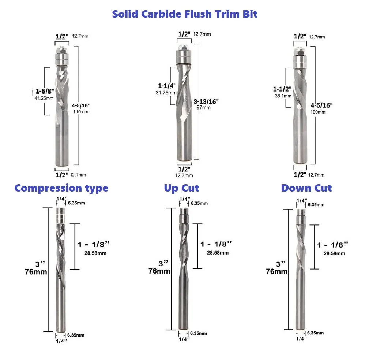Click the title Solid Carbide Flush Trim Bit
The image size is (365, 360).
[185, 14]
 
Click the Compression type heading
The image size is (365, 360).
[61, 188]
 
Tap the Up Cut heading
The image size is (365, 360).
[181, 188]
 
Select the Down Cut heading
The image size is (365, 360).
[306, 188]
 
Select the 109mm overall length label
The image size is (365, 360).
[317, 112]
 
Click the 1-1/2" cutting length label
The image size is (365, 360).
[282, 89]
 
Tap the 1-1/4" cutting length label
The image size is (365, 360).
[167, 86]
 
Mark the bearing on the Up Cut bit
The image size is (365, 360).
[184, 218]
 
